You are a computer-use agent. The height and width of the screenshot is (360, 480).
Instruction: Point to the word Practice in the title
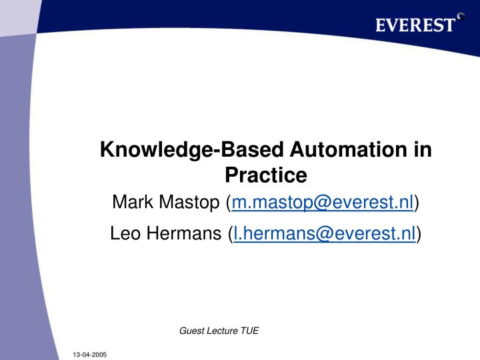point(265,175)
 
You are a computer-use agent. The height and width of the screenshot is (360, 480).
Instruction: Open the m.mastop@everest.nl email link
point(323,201)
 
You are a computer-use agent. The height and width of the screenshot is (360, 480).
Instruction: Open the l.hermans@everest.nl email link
point(324,233)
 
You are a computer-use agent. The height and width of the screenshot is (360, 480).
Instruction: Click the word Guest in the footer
point(192,330)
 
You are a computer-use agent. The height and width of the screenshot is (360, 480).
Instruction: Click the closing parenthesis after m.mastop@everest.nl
point(417,201)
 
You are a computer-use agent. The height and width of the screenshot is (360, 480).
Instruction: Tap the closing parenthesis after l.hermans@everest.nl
point(419,233)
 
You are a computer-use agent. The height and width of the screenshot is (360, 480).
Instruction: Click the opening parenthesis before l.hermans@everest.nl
point(229,233)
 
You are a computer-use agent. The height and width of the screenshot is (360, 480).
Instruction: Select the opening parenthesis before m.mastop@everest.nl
point(229,201)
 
